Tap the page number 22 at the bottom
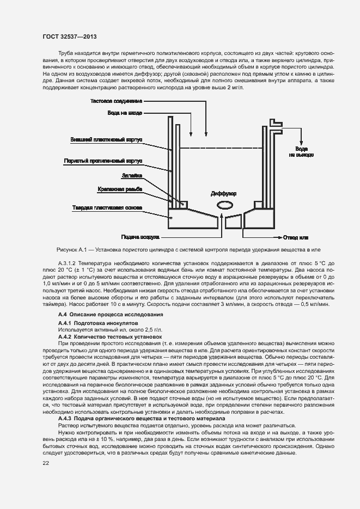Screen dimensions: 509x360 click(46, 463)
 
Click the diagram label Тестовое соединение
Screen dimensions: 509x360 click(116, 101)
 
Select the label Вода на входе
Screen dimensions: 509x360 click(125, 113)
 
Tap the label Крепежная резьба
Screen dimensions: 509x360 click(120, 189)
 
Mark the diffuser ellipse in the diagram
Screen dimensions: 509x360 click(224, 205)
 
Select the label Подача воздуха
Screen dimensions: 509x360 click(140, 237)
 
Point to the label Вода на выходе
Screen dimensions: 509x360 click(301, 152)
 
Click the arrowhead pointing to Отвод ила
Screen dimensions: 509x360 click(279, 237)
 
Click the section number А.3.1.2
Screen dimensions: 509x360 click(68, 263)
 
